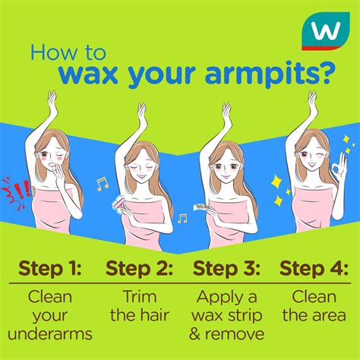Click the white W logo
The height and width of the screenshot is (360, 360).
(326, 31)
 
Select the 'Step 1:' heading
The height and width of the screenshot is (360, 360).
(50, 268)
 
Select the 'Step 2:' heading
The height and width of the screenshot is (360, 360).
(139, 268)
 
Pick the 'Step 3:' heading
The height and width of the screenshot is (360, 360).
(226, 268)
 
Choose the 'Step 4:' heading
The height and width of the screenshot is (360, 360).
(314, 268)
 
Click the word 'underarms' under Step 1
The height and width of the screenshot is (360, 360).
(50, 334)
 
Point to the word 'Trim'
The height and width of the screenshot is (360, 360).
(140, 296)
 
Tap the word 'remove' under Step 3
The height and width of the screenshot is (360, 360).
(235, 334)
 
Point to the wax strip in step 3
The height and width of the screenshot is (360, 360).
(201, 207)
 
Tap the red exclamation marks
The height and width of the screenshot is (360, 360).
(22, 189)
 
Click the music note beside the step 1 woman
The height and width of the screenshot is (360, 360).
(103, 184)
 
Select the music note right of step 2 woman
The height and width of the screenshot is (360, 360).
(182, 219)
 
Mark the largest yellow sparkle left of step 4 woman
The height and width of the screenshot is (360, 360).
(276, 182)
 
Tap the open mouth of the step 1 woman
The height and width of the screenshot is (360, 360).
(52, 166)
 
